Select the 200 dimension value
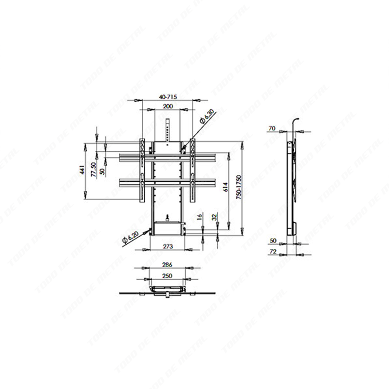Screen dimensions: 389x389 coord(168,106)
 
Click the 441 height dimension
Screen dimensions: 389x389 coord(81,169)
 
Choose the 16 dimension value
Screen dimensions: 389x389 coord(200,217)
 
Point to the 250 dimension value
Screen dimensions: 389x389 coord(167,275)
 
